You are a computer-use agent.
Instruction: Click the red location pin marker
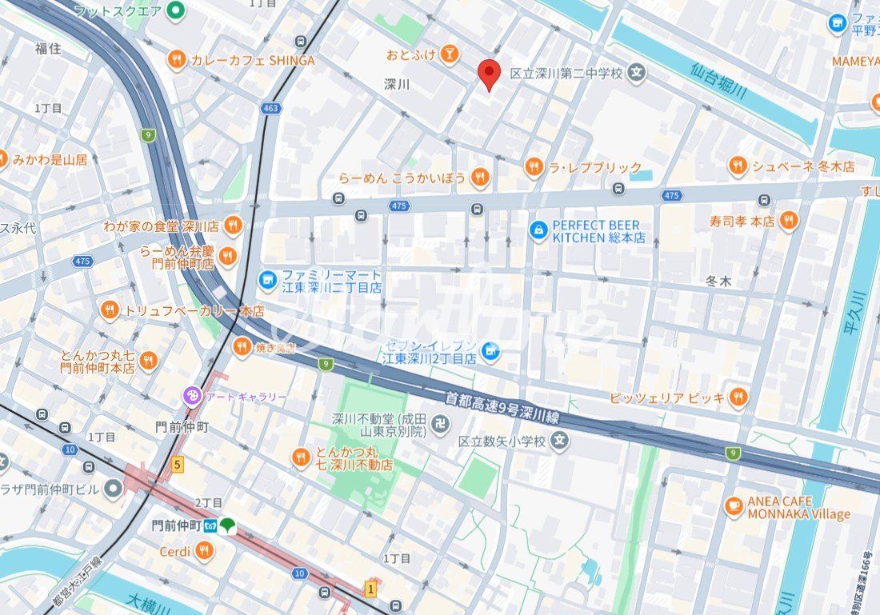489,74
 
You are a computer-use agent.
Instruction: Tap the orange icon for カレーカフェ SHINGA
177,59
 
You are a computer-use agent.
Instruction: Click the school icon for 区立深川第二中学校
636,73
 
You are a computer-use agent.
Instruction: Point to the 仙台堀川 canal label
718,81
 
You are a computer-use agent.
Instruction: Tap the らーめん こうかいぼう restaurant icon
479,177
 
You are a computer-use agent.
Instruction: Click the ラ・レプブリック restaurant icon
534,167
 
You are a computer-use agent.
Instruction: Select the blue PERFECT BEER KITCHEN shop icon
539,231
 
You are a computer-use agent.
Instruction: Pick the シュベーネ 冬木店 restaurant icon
738,166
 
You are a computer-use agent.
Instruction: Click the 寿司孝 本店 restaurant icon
788,221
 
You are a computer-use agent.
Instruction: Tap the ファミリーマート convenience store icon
267,280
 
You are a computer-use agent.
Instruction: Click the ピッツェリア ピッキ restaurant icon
738,397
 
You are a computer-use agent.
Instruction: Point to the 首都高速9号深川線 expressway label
502,405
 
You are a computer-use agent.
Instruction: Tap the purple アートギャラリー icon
192,396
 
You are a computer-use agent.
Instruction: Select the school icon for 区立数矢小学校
558,441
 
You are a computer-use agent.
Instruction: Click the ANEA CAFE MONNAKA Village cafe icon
734,506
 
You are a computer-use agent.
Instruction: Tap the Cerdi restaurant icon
204,550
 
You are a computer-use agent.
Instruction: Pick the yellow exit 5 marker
177,463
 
